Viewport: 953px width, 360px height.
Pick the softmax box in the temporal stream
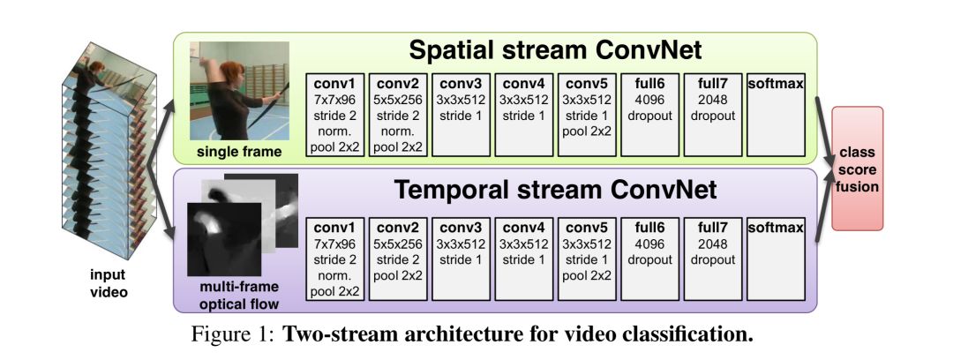coord(776,254)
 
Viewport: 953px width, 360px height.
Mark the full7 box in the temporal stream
coord(712,254)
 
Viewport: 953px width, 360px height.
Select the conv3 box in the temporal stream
coord(461,254)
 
